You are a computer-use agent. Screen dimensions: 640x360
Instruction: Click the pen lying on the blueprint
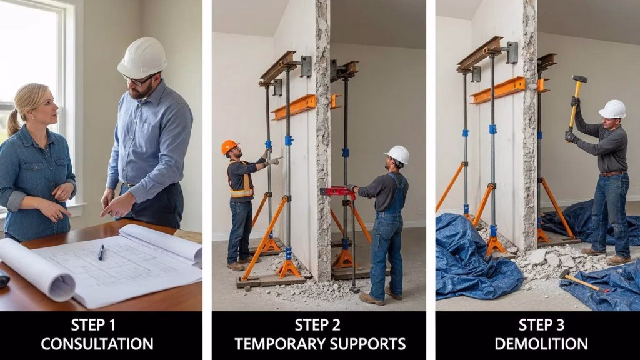click(101, 252)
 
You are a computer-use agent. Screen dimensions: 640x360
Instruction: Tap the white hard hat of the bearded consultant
click(142, 57)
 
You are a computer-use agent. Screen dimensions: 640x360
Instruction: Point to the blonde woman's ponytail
click(13, 122)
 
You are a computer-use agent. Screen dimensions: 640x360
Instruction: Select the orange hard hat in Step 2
click(229, 146)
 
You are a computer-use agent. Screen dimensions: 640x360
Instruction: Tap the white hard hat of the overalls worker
click(397, 155)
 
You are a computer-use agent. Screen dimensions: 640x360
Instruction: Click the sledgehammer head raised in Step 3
click(579, 79)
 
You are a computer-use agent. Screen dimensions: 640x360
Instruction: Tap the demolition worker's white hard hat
click(612, 109)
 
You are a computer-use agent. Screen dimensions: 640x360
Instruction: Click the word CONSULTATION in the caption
click(97, 344)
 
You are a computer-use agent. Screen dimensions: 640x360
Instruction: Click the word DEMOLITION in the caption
click(541, 344)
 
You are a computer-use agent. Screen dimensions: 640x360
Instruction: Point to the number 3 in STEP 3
click(559, 325)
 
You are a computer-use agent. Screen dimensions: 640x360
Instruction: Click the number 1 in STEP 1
click(112, 325)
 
